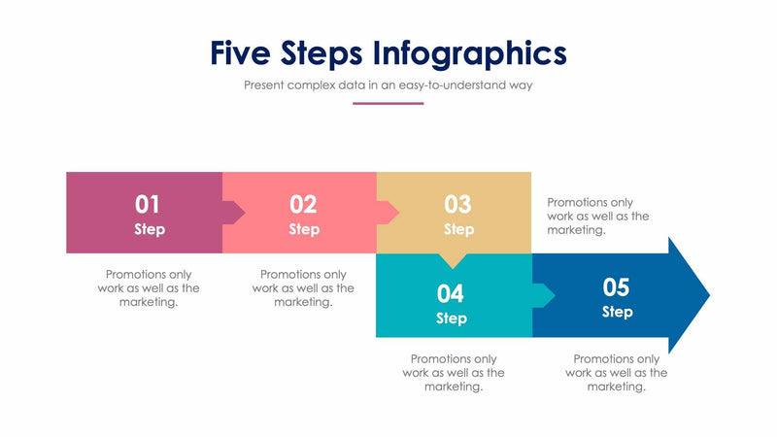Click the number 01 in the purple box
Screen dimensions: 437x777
click(x=148, y=204)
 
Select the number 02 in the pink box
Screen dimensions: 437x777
click(x=303, y=204)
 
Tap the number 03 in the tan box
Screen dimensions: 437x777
click(x=457, y=204)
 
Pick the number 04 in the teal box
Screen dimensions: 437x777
click(x=451, y=293)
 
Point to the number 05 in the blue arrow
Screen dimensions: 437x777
click(x=617, y=287)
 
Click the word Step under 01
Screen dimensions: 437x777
click(x=150, y=230)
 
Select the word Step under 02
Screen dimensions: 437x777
click(x=304, y=230)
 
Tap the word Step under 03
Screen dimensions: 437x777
click(x=458, y=230)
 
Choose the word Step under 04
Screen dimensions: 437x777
click(x=452, y=319)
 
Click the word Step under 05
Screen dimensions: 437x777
click(x=618, y=312)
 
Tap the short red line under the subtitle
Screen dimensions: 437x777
click(x=388, y=103)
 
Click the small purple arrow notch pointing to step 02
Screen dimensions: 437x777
click(x=234, y=212)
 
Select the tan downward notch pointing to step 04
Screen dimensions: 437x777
click(x=453, y=260)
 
